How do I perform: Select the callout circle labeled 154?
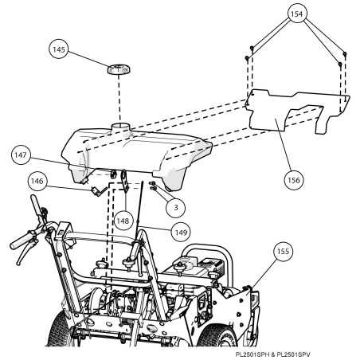click(297, 14)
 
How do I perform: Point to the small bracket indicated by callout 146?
click(98, 189)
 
